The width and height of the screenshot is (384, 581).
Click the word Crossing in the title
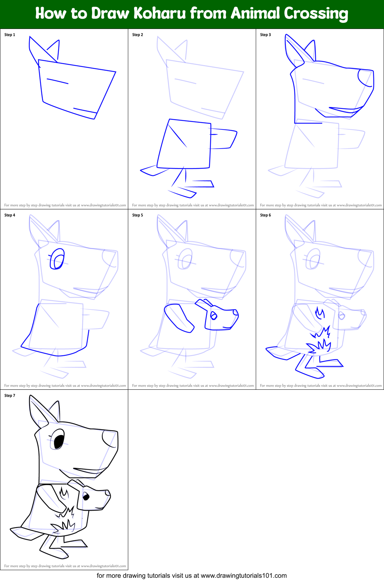(x=316, y=14)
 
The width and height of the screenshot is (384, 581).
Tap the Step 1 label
(x=10, y=35)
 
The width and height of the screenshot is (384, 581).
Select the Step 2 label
(x=138, y=35)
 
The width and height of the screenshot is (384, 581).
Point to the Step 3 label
(x=266, y=35)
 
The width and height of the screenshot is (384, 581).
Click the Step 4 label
(x=10, y=215)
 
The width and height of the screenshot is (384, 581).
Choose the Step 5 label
(x=138, y=215)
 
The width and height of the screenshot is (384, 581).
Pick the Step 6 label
(x=266, y=215)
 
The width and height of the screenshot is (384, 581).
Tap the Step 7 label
(x=10, y=396)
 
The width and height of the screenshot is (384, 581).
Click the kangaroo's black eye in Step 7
(x=59, y=440)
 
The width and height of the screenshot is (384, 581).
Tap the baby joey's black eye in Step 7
(x=86, y=496)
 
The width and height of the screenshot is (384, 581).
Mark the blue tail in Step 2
(x=149, y=170)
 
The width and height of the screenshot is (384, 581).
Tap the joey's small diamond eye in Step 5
(x=213, y=316)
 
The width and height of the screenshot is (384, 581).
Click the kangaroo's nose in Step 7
(x=109, y=438)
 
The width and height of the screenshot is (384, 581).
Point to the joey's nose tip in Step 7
(x=108, y=492)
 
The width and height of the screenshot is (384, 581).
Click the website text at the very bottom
(x=191, y=575)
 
